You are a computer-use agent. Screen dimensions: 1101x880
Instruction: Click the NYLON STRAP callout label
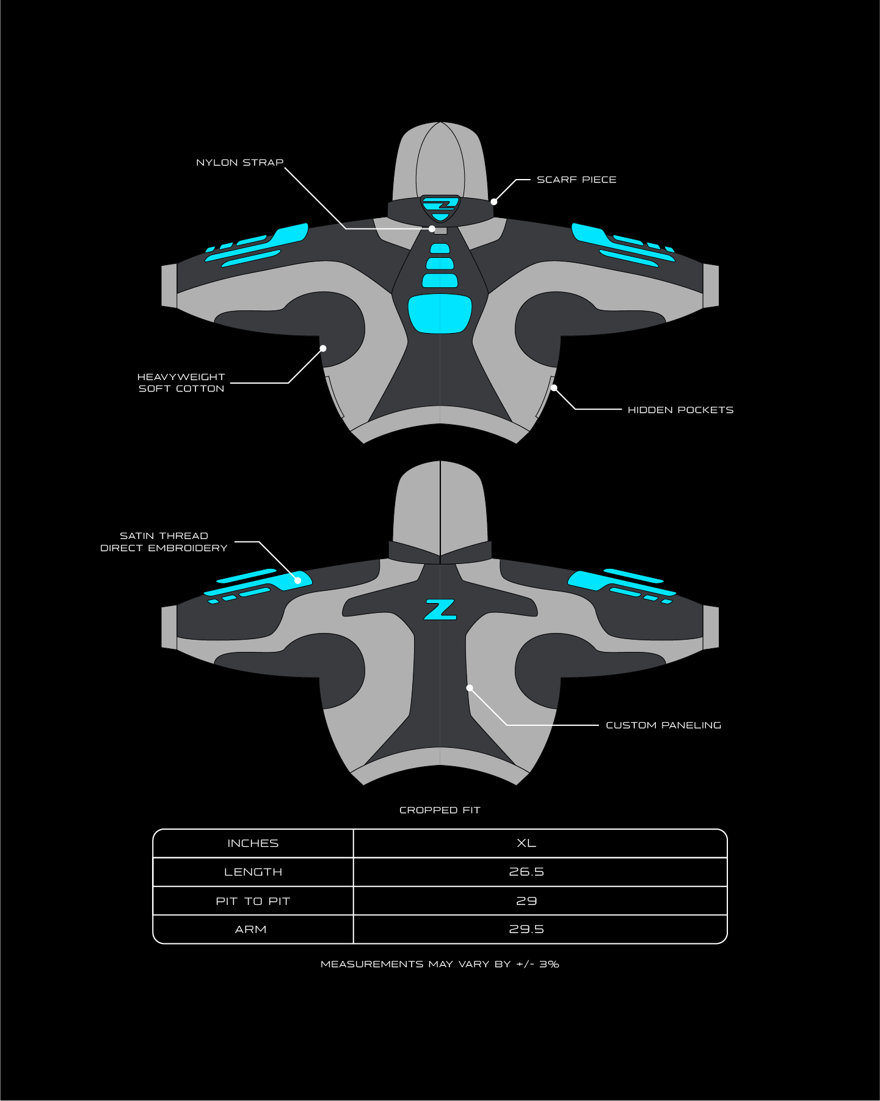click(240, 163)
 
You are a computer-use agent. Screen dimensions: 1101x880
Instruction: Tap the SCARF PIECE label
click(576, 180)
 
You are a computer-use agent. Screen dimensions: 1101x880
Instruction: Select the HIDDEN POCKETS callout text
click(680, 410)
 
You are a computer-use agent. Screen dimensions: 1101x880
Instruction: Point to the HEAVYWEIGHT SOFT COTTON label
click(181, 383)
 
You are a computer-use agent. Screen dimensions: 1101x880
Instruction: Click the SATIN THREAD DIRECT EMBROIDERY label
click(164, 542)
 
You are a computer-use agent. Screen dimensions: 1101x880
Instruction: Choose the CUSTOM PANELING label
click(663, 725)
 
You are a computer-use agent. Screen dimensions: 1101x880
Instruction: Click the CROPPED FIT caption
click(440, 810)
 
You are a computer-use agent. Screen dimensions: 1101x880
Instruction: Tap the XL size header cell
click(526, 843)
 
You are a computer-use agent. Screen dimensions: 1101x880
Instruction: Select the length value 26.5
click(526, 872)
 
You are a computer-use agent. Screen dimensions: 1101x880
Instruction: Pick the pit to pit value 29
click(526, 901)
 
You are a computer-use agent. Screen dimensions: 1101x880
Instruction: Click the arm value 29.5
click(526, 929)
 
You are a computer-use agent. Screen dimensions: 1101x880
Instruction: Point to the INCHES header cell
click(253, 843)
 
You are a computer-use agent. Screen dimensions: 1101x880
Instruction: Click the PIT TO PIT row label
click(253, 901)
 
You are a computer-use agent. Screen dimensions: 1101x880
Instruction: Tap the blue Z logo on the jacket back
click(440, 610)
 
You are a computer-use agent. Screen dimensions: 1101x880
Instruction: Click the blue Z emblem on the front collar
click(440, 205)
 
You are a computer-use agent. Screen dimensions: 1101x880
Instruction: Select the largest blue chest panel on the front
click(440, 313)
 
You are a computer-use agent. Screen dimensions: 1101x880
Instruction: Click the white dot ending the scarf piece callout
click(494, 202)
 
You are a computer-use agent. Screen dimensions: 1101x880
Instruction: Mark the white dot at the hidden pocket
click(554, 387)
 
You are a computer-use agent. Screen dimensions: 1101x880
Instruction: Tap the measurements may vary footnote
click(440, 964)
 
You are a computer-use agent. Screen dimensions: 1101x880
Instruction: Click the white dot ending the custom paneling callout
click(470, 688)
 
